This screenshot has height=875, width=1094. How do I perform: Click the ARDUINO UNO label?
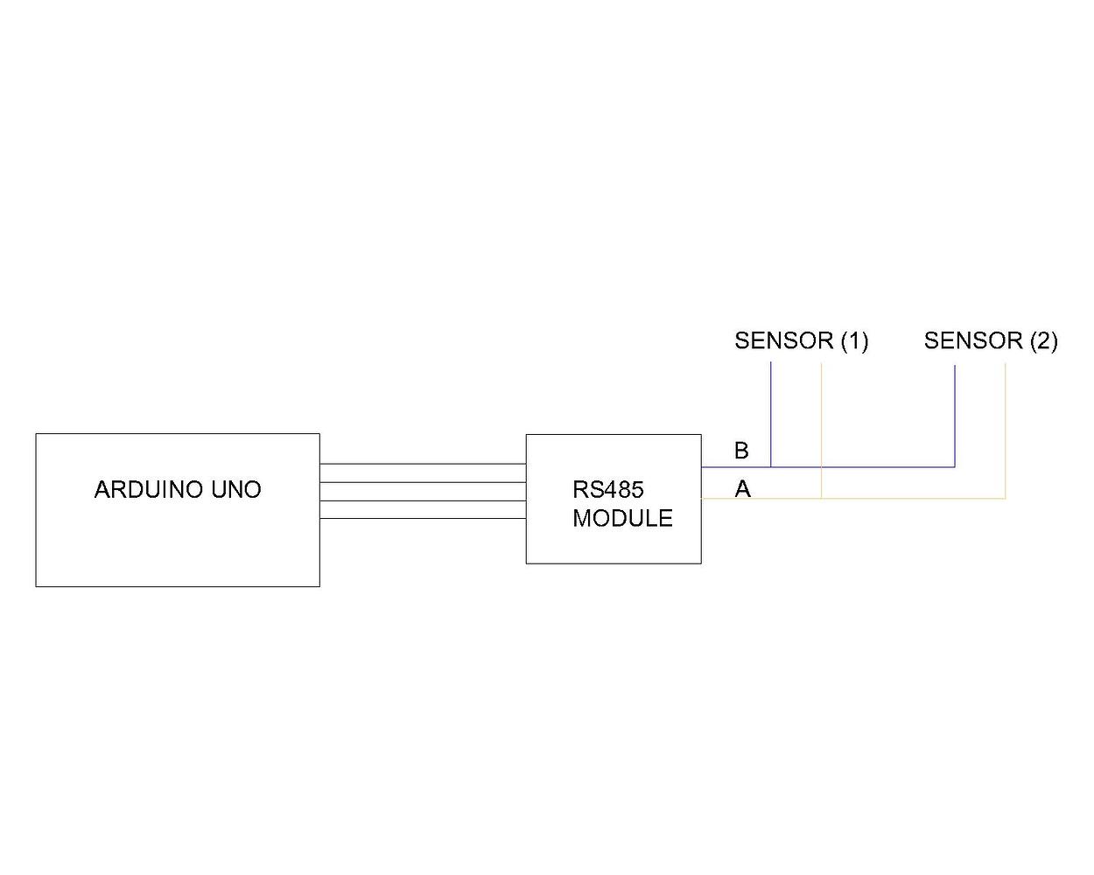(178, 489)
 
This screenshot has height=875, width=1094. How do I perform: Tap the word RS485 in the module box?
(607, 489)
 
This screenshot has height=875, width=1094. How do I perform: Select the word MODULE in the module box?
(622, 518)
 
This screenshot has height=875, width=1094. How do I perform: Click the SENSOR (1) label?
(801, 340)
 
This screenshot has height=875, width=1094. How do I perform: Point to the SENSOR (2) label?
(991, 340)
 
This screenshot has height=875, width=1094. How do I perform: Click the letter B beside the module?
(741, 451)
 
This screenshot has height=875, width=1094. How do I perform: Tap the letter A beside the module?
(742, 489)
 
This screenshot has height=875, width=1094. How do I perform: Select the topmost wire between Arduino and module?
(423, 464)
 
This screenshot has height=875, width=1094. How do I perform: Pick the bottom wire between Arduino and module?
(423, 519)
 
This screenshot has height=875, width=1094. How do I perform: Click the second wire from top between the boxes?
(423, 482)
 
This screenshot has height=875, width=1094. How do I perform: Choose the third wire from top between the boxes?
(423, 500)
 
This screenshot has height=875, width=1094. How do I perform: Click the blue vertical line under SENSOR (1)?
(771, 411)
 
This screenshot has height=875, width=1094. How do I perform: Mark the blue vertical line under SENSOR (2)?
(955, 411)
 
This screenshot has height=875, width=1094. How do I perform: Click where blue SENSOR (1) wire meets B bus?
(771, 466)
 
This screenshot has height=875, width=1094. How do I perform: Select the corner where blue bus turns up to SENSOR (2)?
(955, 466)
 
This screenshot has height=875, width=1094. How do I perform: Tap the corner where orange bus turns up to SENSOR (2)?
(1006, 498)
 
